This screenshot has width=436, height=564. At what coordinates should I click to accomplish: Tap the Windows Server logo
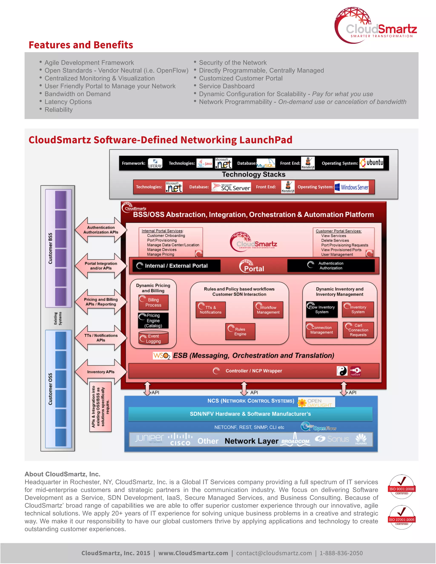[x=351, y=187]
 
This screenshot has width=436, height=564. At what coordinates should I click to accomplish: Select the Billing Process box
[x=153, y=302]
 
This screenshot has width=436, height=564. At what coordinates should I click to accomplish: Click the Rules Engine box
[x=240, y=332]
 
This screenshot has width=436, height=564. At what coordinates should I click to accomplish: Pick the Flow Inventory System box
[x=322, y=309]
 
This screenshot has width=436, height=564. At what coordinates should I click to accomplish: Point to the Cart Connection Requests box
[x=358, y=330]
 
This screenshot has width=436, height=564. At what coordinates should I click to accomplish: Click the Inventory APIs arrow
[x=101, y=372]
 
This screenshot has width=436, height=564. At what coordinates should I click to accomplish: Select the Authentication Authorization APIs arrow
[x=101, y=230]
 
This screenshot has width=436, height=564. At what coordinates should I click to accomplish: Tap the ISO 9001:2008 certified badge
[x=402, y=487]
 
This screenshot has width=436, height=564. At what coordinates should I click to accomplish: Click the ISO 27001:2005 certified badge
[x=402, y=518]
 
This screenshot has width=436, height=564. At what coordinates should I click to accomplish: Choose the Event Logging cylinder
[x=153, y=339]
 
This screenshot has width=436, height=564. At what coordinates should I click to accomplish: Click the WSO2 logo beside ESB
[x=162, y=356]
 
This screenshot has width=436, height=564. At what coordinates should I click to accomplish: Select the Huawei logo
[x=361, y=439]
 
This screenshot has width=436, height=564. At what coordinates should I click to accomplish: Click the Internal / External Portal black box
[x=176, y=266]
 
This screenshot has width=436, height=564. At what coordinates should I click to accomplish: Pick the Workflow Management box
[x=268, y=310]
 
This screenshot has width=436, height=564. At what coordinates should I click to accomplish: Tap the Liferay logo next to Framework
[x=155, y=163]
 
